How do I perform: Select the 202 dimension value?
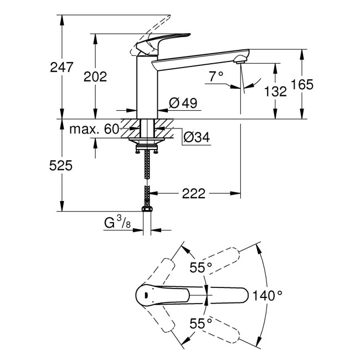(95, 76)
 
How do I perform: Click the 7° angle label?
(216, 76)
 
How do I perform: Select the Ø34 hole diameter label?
(196, 137)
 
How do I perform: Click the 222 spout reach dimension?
(194, 193)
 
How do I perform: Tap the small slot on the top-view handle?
(145, 295)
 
